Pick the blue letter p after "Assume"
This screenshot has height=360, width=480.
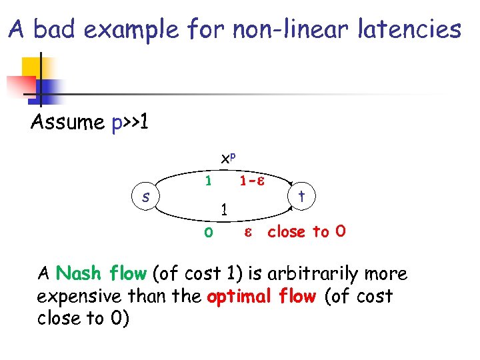[x=117, y=124]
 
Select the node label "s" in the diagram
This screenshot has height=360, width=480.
[x=146, y=197]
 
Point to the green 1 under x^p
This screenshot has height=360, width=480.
[x=209, y=181]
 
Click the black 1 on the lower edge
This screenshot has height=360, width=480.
[x=225, y=209]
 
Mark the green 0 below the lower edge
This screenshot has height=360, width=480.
[x=209, y=233]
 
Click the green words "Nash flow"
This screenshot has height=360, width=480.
[x=101, y=273]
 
